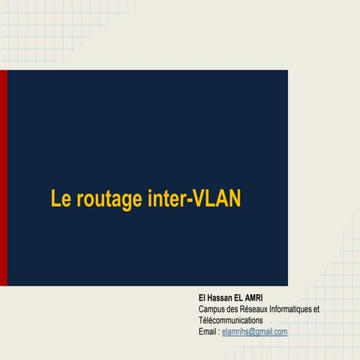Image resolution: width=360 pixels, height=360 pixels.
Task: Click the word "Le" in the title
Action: pos(59,199)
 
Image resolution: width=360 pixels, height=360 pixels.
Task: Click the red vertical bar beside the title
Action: pos(3,178)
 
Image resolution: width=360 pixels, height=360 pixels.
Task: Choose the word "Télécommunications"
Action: pos(230,320)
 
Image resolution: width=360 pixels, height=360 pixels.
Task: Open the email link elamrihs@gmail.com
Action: pos(255,331)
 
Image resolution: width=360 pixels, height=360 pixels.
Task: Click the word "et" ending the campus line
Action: pos(316,309)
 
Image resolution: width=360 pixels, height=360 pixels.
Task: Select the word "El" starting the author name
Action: pos(202,298)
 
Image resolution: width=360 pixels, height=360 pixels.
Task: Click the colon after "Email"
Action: pos(219,331)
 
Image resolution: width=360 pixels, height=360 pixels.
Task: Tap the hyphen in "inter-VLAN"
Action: pos(180,201)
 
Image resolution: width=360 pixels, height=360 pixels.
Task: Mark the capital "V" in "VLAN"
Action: pos(190,199)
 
